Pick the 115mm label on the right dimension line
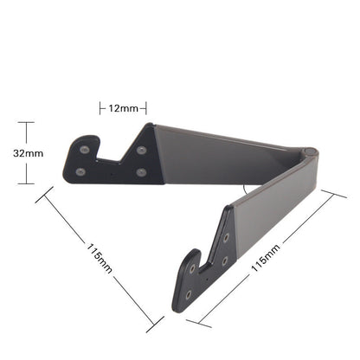coord(266,257)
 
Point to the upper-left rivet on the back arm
coord(84,150)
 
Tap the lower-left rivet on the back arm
coord(80,171)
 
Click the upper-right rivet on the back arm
coord(141,151)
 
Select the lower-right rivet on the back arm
coord(141,171)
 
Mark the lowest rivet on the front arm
coord(189,293)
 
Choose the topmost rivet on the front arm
coord(228,236)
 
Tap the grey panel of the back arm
coord(216,156)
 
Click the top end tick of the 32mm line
coord(26,122)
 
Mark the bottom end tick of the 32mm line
coord(26,183)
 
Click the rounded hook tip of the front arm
coord(189,256)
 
